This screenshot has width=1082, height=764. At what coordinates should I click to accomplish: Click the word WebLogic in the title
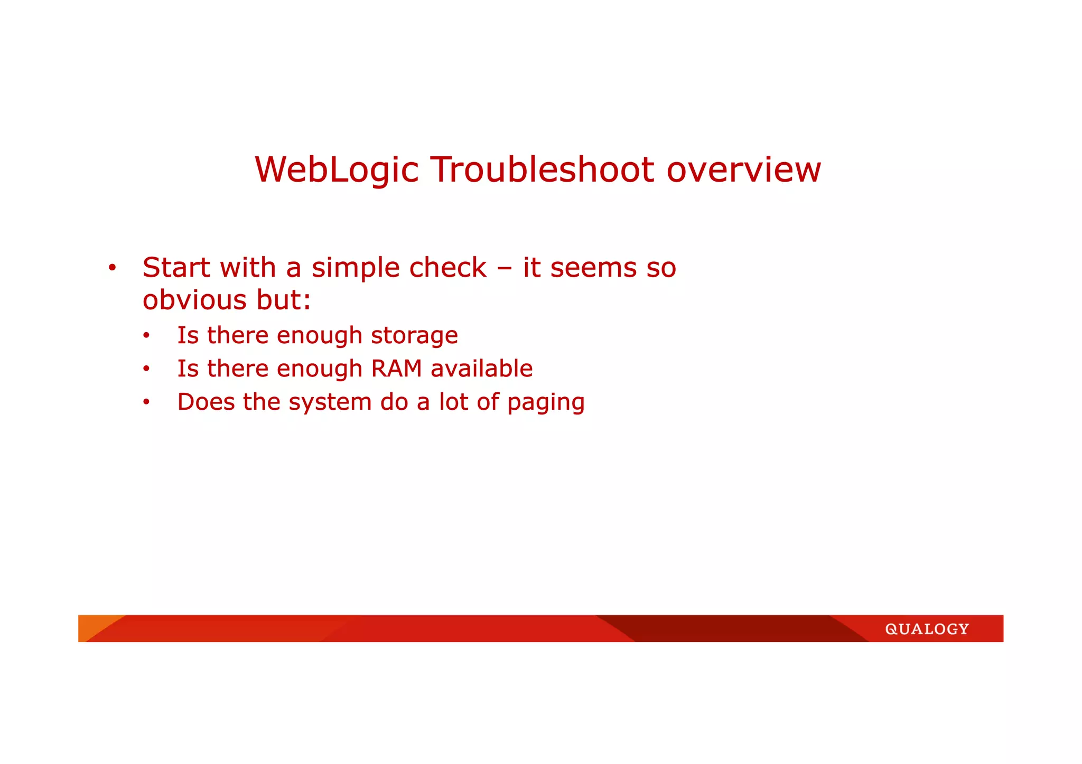(x=337, y=170)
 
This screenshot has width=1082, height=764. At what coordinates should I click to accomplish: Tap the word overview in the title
(x=743, y=170)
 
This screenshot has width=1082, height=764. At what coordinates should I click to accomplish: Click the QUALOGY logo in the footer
(x=927, y=629)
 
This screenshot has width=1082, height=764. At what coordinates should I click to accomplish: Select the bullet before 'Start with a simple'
(x=112, y=268)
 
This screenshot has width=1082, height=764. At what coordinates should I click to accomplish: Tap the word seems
(x=593, y=267)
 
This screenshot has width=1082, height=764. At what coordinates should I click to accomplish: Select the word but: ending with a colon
(x=284, y=300)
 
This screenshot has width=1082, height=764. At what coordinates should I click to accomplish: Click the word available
(x=481, y=369)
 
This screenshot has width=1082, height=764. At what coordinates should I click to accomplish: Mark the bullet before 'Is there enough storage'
(x=146, y=336)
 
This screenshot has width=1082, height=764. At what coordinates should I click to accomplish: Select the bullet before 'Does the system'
(x=146, y=402)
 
